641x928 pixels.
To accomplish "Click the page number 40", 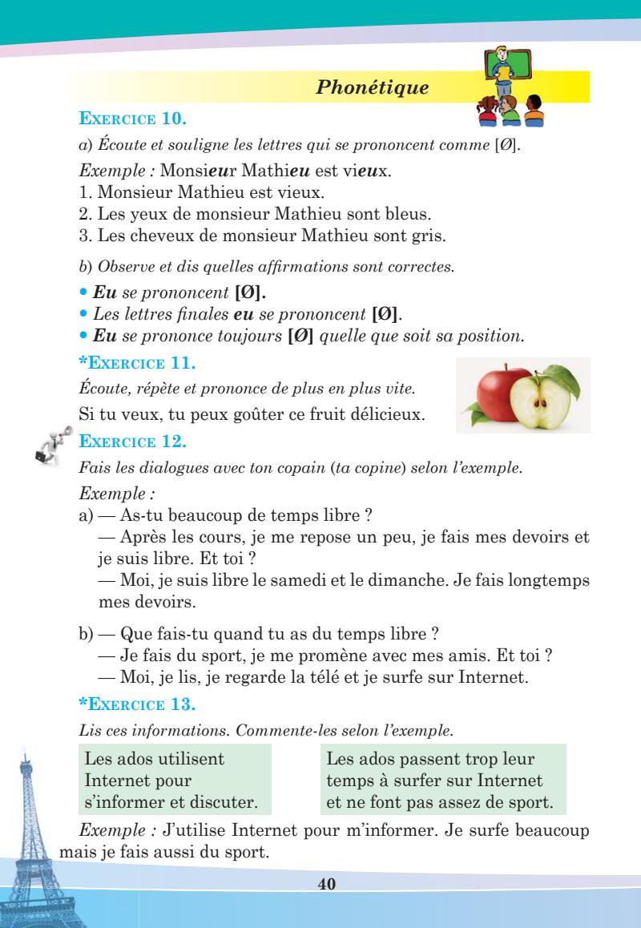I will [x=325, y=884].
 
